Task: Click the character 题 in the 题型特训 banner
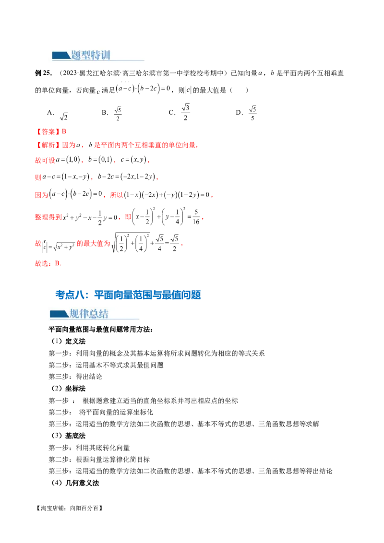75,55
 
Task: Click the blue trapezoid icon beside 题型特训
60,55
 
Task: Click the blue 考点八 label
70,295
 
